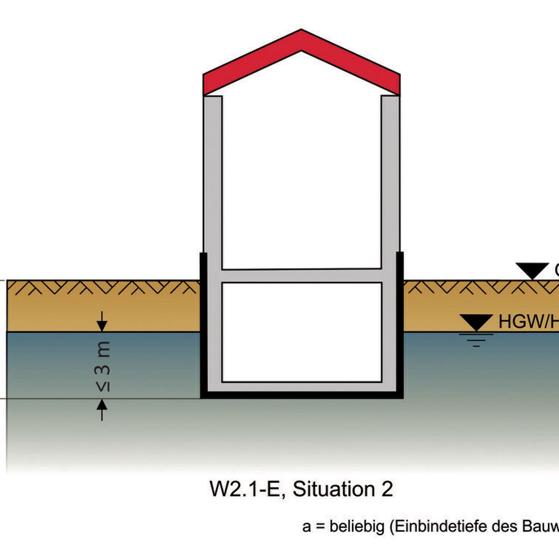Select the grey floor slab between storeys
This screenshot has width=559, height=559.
tap(301, 275)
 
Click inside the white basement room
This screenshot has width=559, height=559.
tap(301, 332)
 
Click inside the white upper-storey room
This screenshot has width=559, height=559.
tap(301, 180)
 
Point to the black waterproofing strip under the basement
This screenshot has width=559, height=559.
tap(301, 395)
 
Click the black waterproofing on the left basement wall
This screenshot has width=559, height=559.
tap(203, 326)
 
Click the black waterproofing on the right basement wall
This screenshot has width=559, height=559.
tap(400, 326)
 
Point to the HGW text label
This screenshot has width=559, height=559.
tap(528, 321)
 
